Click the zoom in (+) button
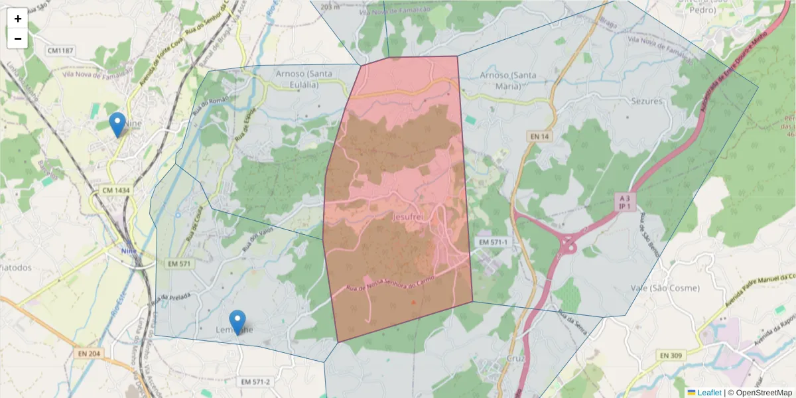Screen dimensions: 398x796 [18, 19]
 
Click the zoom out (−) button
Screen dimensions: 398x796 [18, 38]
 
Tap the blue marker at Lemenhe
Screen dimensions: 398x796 [237, 322]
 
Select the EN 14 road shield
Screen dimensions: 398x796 [540, 136]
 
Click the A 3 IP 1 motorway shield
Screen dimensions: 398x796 [623, 202]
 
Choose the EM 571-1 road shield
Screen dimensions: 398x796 [492, 243]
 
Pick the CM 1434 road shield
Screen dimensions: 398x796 [116, 190]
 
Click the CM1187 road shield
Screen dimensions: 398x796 [61, 50]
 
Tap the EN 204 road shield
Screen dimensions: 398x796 [88, 354]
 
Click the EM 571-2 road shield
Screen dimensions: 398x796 [255, 381]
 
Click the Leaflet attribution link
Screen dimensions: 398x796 [708, 393]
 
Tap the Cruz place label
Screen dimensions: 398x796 [515, 358]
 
